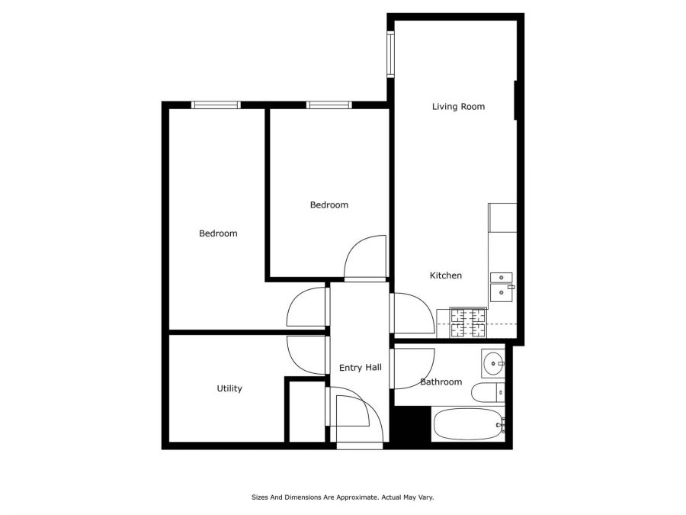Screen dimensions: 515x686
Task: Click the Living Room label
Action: click(x=458, y=107)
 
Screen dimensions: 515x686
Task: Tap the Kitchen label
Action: click(x=446, y=275)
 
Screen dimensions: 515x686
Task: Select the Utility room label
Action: click(x=229, y=388)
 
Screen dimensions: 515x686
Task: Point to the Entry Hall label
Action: click(x=360, y=368)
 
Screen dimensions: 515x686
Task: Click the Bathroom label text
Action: click(x=441, y=381)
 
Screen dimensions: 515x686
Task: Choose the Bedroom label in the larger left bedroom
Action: click(x=218, y=233)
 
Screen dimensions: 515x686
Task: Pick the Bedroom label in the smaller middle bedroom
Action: click(x=329, y=204)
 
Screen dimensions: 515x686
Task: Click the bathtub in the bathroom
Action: click(x=466, y=424)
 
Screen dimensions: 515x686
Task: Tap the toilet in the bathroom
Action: click(x=486, y=393)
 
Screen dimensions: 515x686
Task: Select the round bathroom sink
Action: click(x=493, y=362)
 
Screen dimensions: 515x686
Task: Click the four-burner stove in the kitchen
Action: click(x=468, y=322)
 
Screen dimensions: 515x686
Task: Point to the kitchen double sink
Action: click(x=501, y=285)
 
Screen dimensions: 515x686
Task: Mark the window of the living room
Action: click(x=390, y=54)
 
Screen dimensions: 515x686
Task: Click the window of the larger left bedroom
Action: click(x=216, y=105)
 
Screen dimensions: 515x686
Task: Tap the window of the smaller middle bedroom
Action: click(x=329, y=105)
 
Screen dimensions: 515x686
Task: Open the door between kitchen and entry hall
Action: click(x=412, y=313)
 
